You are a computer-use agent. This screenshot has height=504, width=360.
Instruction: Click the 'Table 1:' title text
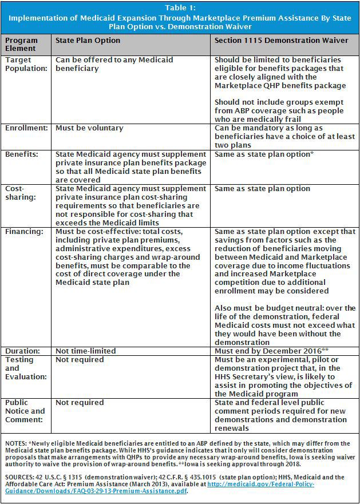click(x=180, y=7)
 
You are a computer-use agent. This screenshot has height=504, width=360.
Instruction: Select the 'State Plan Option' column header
click(x=88, y=41)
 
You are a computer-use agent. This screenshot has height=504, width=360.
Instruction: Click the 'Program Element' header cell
click(x=22, y=45)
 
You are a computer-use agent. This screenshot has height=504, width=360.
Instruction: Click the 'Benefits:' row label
click(x=22, y=154)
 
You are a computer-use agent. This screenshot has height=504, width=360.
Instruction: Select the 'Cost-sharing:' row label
click(x=17, y=192)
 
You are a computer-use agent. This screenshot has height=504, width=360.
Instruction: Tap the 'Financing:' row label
click(x=23, y=232)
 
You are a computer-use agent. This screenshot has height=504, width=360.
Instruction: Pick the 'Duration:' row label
click(x=22, y=351)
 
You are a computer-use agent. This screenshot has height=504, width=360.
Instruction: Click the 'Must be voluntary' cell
click(x=89, y=128)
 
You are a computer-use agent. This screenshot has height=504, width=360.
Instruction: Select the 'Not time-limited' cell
click(x=85, y=351)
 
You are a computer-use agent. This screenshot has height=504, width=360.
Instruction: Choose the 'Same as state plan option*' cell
click(x=263, y=154)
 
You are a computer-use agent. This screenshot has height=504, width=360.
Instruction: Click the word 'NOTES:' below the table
click(x=15, y=443)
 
